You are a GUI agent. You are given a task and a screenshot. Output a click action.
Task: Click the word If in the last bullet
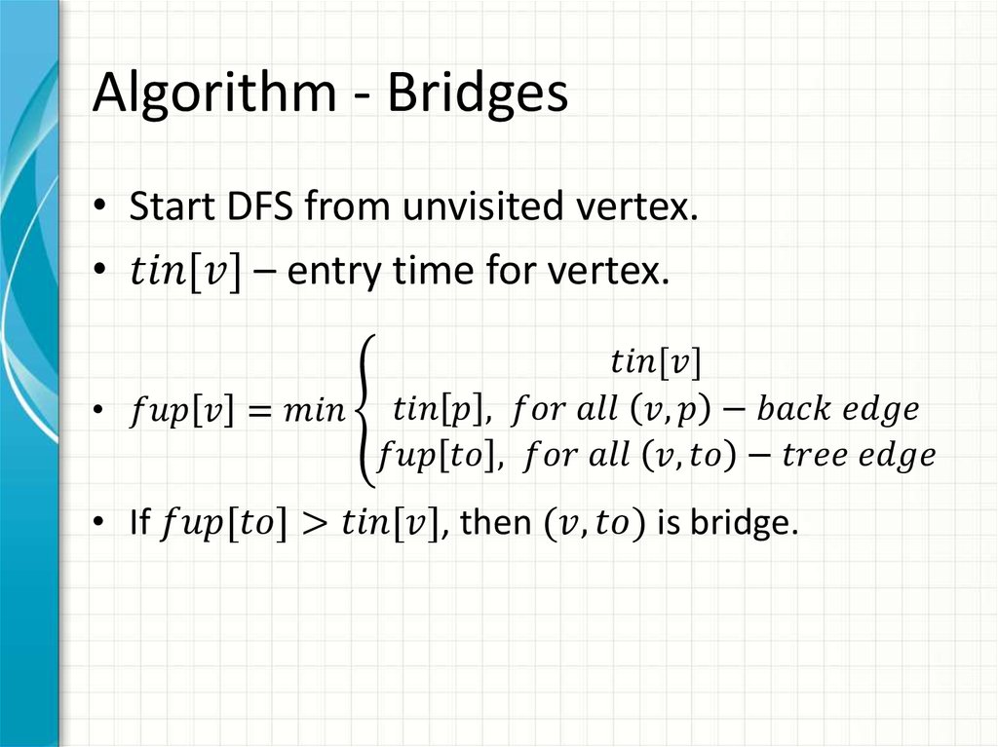[138, 525]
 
